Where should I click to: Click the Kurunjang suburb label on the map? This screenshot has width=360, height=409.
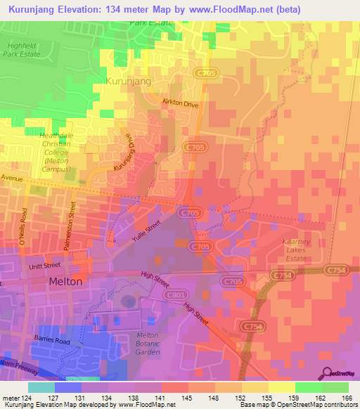(129, 82)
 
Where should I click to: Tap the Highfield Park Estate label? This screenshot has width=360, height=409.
(21, 49)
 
